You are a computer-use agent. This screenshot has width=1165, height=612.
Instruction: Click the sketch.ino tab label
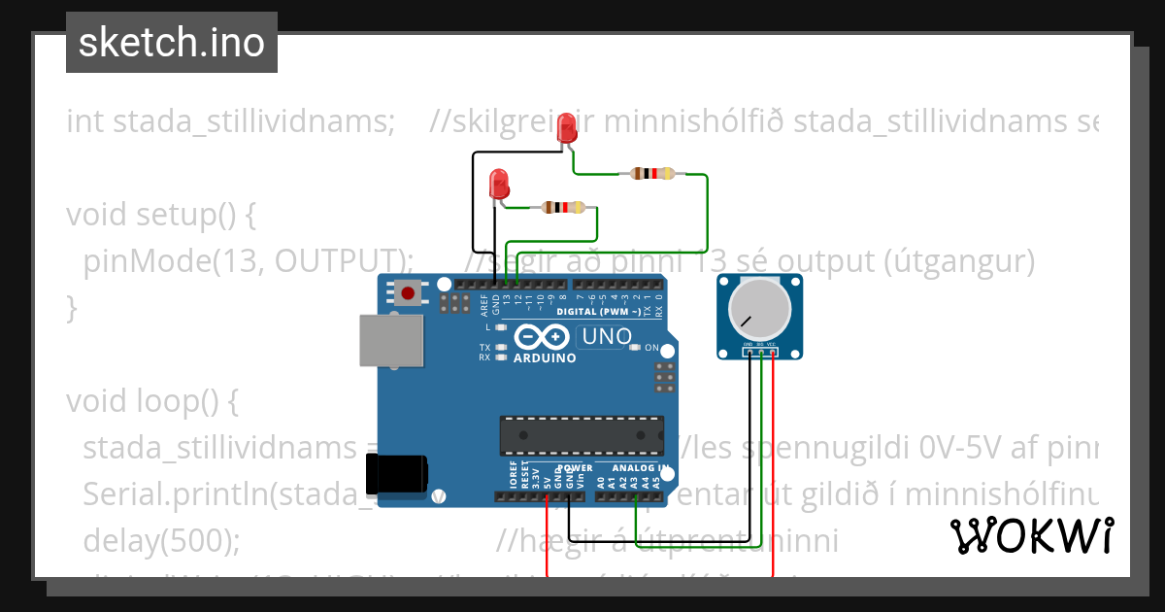[171, 43]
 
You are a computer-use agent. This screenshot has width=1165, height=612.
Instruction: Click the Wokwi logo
[1031, 535]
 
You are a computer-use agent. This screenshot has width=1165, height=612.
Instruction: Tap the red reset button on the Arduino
[408, 292]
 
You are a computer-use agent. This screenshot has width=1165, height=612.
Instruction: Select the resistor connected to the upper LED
[651, 174]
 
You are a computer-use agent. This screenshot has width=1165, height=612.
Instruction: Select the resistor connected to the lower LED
[563, 207]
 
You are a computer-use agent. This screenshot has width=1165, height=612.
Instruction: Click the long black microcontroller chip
[582, 435]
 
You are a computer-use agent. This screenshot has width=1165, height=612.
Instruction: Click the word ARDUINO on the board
[544, 357]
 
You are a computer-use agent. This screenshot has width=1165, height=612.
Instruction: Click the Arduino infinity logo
[542, 337]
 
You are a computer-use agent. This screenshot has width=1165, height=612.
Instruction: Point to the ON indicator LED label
[651, 348]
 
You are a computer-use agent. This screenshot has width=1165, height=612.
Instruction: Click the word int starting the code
[85, 122]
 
